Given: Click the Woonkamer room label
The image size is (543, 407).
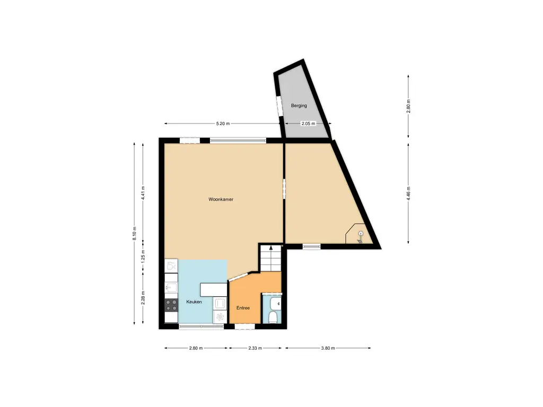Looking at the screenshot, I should (x=221, y=200).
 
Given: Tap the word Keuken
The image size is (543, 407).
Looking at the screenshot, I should (x=194, y=302).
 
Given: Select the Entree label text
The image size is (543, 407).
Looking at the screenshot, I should (x=243, y=308).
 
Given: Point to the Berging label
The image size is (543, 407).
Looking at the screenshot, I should (x=299, y=105).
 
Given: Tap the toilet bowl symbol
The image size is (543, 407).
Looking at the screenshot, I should (x=273, y=317).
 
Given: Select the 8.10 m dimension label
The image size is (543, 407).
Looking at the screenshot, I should (x=134, y=234).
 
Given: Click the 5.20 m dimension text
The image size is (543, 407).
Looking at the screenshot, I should (x=223, y=123).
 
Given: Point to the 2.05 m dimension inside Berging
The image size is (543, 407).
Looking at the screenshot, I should (x=308, y=123).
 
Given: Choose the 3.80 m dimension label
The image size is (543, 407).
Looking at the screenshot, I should (x=328, y=348).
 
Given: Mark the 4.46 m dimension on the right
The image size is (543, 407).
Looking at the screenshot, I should (x=409, y=192).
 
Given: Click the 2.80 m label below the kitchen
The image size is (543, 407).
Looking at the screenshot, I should (x=196, y=348).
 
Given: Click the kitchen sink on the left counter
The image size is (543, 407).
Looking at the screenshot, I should (x=171, y=288).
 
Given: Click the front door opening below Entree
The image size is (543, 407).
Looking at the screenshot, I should (x=244, y=327).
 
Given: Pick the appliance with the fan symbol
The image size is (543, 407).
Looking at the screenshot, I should (x=220, y=317).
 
